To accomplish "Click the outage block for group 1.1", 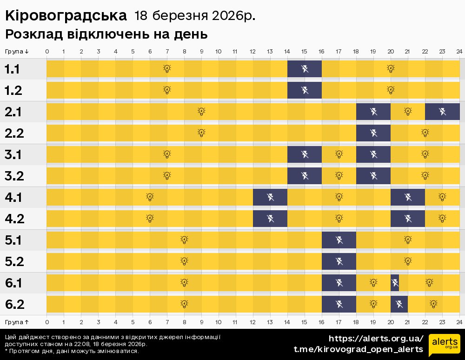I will click(x=305, y=69).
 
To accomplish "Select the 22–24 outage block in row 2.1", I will click(x=442, y=112).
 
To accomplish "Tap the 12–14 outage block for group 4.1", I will click(x=270, y=197).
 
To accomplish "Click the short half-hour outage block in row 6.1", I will click(x=395, y=282).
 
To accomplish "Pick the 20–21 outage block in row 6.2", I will click(x=399, y=304).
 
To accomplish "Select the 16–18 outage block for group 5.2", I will click(x=339, y=261).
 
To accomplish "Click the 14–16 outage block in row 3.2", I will click(x=305, y=176).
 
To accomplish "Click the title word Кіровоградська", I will click(x=66, y=16).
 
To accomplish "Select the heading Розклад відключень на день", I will click(x=106, y=34).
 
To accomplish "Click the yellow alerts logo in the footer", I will click(x=445, y=345).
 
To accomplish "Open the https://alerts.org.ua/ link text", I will click(x=376, y=338).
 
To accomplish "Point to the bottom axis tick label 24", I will click(x=459, y=321).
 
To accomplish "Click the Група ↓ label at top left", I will click(x=17, y=51).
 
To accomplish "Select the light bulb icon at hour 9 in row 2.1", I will click(x=201, y=112).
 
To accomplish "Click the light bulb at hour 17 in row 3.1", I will click(x=339, y=154).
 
